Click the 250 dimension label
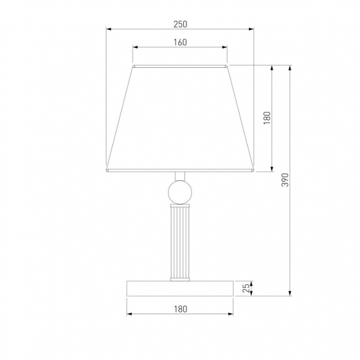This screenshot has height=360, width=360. pos(180,24)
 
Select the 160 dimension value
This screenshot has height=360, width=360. pos(180,42)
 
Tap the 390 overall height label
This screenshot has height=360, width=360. pos(285,180)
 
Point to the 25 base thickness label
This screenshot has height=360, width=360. pos(246,288)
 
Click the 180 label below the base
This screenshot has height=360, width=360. pos(180,309)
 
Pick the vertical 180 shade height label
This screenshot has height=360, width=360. pos(267,118)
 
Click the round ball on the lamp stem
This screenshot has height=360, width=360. pos(180,192)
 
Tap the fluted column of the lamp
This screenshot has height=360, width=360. pos(180,242)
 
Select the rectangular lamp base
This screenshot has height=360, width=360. pos(180,288)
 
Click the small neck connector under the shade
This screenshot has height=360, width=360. pos(180,176)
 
